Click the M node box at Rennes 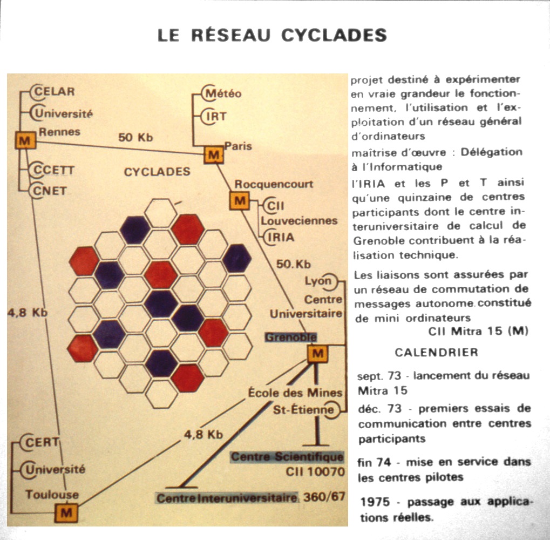tap(24, 141)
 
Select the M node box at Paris tap(214, 156)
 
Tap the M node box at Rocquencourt tap(240, 201)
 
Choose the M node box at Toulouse tap(66, 512)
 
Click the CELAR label tap(55, 91)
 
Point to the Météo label tap(223, 93)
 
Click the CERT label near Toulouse tap(43, 442)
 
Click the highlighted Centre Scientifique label tap(287, 457)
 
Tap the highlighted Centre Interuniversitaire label tap(227, 497)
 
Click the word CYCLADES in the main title tap(334, 35)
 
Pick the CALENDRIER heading tap(436, 353)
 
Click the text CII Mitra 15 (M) tap(478, 331)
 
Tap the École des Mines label tap(295, 393)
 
